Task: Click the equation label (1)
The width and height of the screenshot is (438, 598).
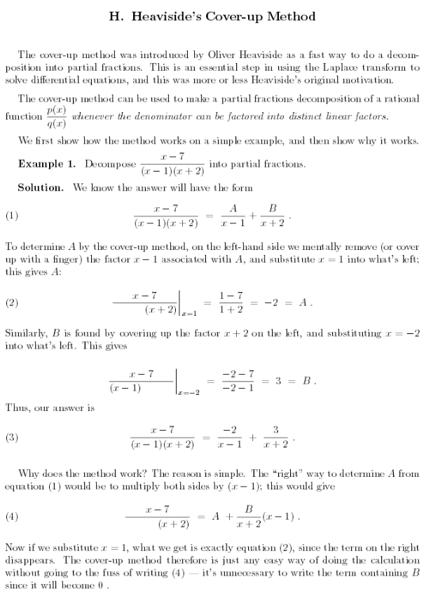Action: point(11,216)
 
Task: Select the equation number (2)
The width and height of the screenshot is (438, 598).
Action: point(11,303)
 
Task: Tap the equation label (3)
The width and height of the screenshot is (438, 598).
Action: point(11,438)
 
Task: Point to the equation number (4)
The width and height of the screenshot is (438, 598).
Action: point(11,517)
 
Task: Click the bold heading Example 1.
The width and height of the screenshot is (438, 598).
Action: point(48,164)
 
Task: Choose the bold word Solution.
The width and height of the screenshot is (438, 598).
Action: point(41,188)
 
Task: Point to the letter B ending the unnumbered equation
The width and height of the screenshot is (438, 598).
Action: point(306,382)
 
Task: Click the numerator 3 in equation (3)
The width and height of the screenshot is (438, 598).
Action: point(275,429)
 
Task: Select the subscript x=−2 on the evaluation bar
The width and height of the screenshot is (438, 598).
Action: point(189,394)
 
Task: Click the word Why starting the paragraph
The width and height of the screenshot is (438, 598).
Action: point(30,473)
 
